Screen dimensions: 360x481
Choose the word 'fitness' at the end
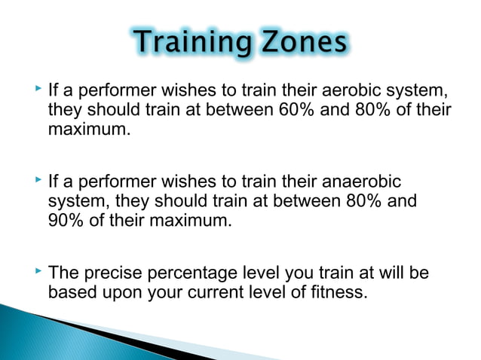coord(338,291)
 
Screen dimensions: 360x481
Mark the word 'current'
coord(217,291)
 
